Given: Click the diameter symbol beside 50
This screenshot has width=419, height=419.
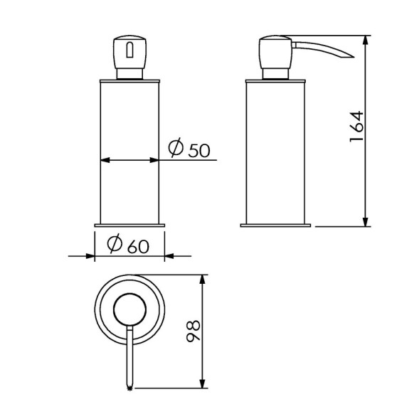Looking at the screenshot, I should pos(176,148).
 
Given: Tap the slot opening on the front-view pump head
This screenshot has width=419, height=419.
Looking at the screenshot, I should pos(129,50).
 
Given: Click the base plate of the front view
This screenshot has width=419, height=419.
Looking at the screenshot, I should pos(129,226).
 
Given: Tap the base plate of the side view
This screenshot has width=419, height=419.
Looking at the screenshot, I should pos(275,226).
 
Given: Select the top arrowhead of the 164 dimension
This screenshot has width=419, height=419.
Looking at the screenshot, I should pos(365,38).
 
